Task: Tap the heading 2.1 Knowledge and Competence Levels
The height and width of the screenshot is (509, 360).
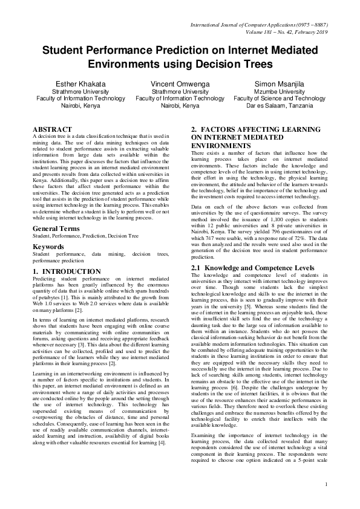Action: pos(253,267)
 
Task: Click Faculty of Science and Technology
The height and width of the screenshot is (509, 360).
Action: pos(280,98)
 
